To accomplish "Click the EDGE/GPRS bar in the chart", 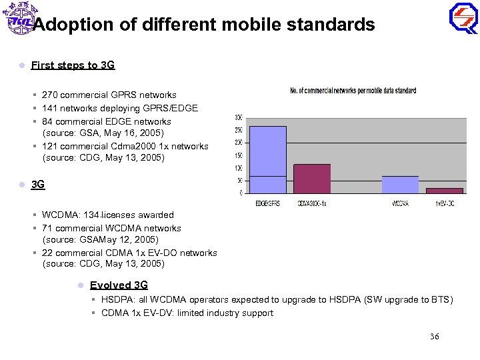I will click(x=267, y=160).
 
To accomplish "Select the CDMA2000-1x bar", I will click(x=312, y=179).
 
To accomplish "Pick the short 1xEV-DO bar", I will click(x=444, y=191).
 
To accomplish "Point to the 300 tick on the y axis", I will click(x=238, y=117).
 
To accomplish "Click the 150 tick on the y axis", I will click(x=238, y=155).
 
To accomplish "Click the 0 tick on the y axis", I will click(x=240, y=193).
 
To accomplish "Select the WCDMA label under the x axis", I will click(x=400, y=203).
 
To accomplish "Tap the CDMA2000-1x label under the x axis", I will click(x=312, y=203).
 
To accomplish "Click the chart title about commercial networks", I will click(x=353, y=91).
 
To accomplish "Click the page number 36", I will click(x=434, y=337).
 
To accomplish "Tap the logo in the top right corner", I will click(x=463, y=18).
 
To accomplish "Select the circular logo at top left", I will click(x=20, y=20).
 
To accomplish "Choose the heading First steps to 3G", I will click(x=73, y=65).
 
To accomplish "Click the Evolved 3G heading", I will click(x=119, y=285).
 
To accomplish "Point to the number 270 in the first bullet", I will click(x=50, y=95).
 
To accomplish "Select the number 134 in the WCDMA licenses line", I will click(x=92, y=215).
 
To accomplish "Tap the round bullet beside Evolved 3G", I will click(x=80, y=285).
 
